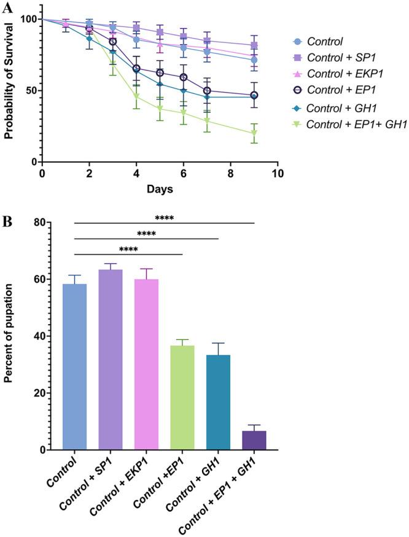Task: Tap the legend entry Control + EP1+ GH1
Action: click(x=351, y=125)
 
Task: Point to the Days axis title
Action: click(x=160, y=189)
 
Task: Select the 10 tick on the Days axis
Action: click(x=278, y=174)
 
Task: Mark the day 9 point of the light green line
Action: click(x=254, y=133)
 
